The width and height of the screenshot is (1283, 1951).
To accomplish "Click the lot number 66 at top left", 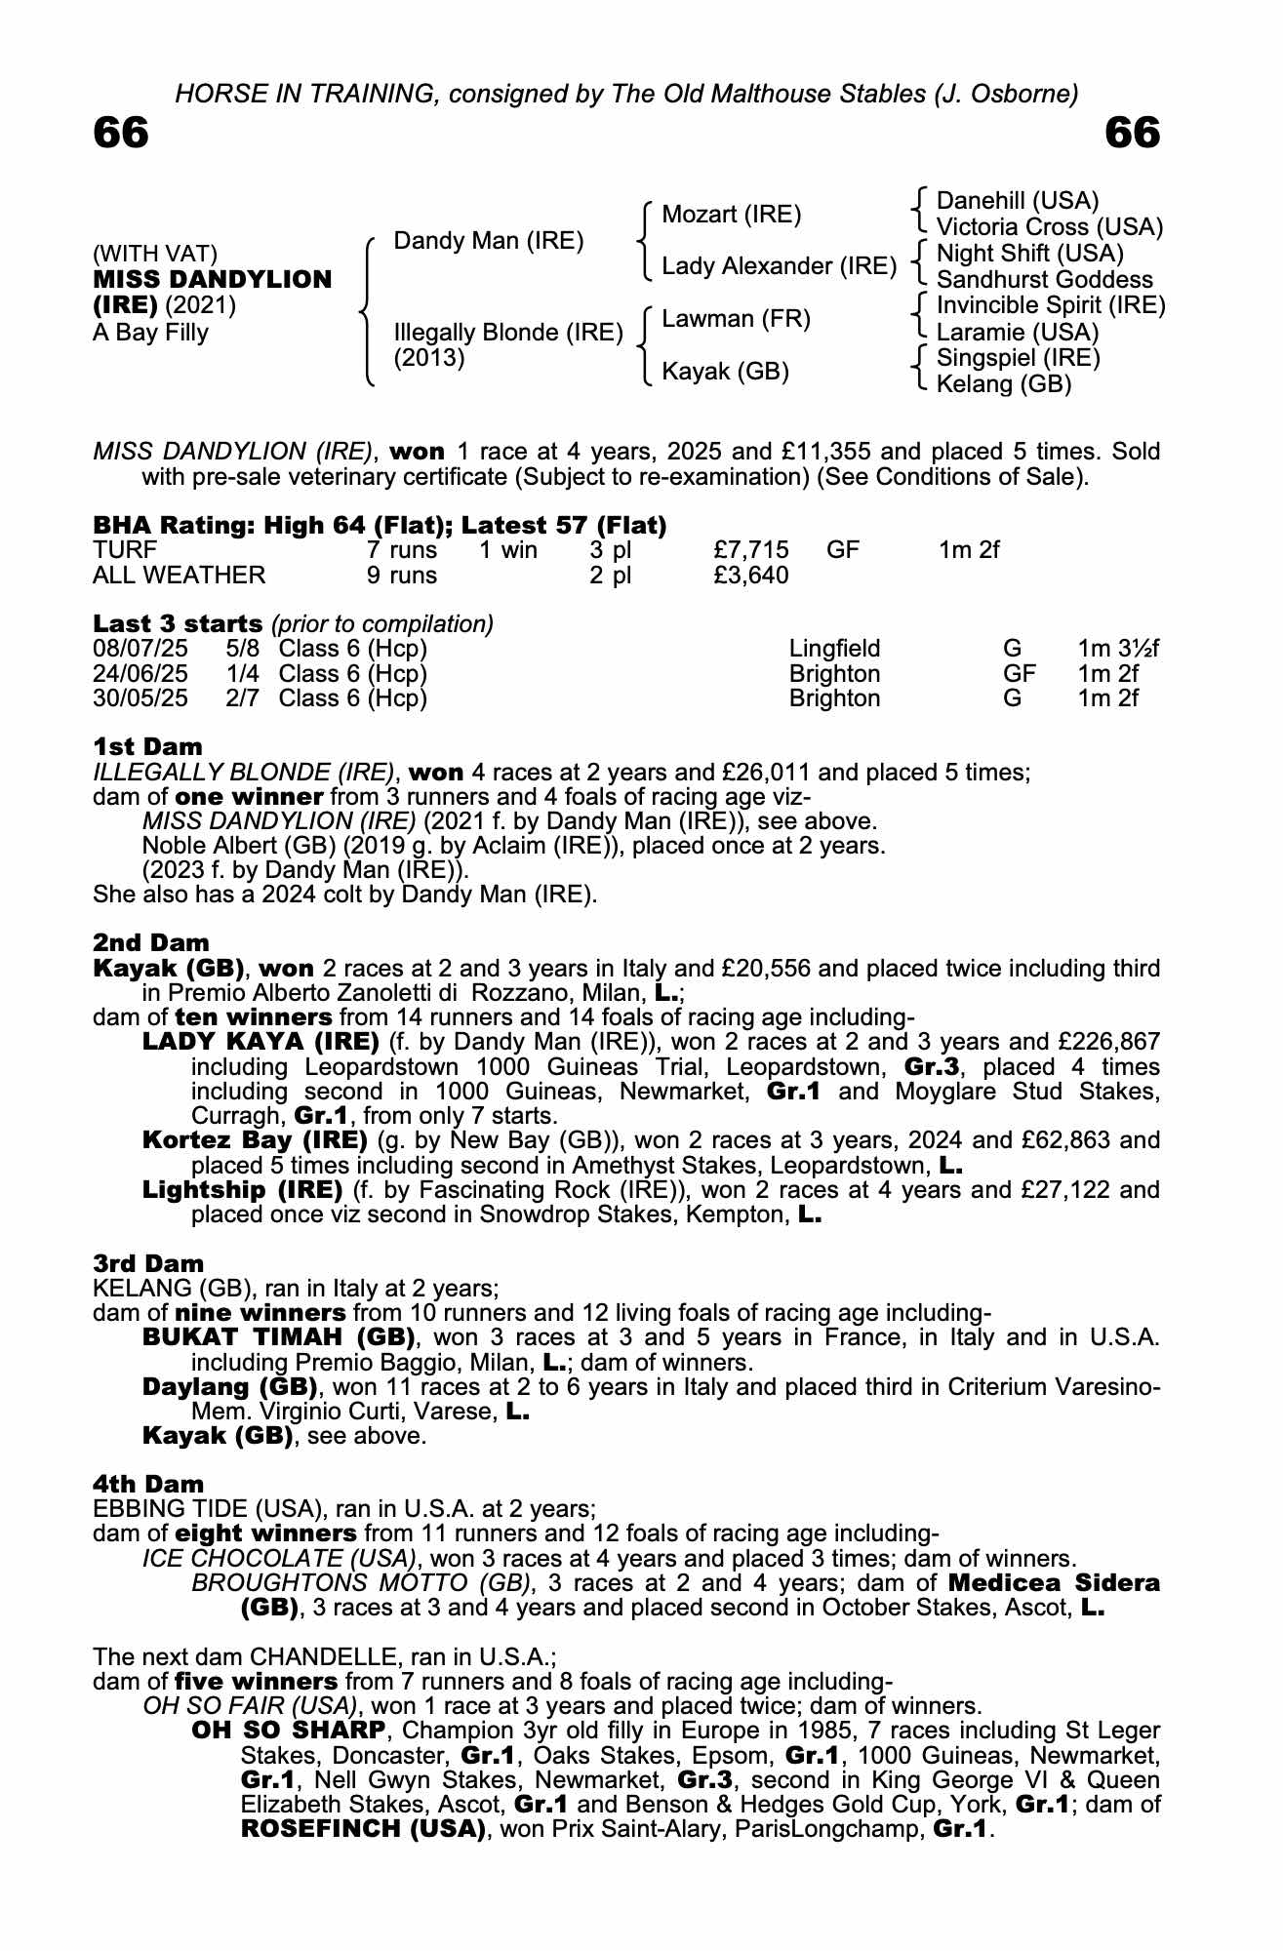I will (121, 133).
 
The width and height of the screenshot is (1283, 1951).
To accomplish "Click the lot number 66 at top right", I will (1133, 133).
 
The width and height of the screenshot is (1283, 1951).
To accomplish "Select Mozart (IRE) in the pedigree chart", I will (731, 215).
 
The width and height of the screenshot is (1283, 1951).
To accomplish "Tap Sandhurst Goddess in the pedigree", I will (1044, 280).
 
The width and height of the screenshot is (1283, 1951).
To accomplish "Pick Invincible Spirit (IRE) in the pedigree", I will (1051, 306).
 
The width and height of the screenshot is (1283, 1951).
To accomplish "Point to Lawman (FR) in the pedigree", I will (736, 319).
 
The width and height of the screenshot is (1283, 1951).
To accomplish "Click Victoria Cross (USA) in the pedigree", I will (1049, 227).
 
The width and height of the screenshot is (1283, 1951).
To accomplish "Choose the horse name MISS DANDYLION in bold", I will (213, 280).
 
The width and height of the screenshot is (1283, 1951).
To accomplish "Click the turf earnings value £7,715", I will (751, 550).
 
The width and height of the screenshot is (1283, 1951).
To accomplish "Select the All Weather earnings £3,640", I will (751, 576).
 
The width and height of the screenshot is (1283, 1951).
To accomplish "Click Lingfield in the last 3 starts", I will (834, 649).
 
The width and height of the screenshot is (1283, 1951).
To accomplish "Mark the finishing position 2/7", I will (242, 698).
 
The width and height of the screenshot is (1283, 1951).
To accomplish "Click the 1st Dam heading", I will (147, 747).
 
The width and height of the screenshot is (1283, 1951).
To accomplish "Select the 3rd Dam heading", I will (148, 1264).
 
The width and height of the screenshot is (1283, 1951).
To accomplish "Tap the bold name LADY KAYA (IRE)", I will (261, 1043).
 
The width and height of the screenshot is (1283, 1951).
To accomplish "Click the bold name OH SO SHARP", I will (289, 1732).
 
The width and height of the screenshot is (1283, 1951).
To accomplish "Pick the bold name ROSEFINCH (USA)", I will (363, 1830).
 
